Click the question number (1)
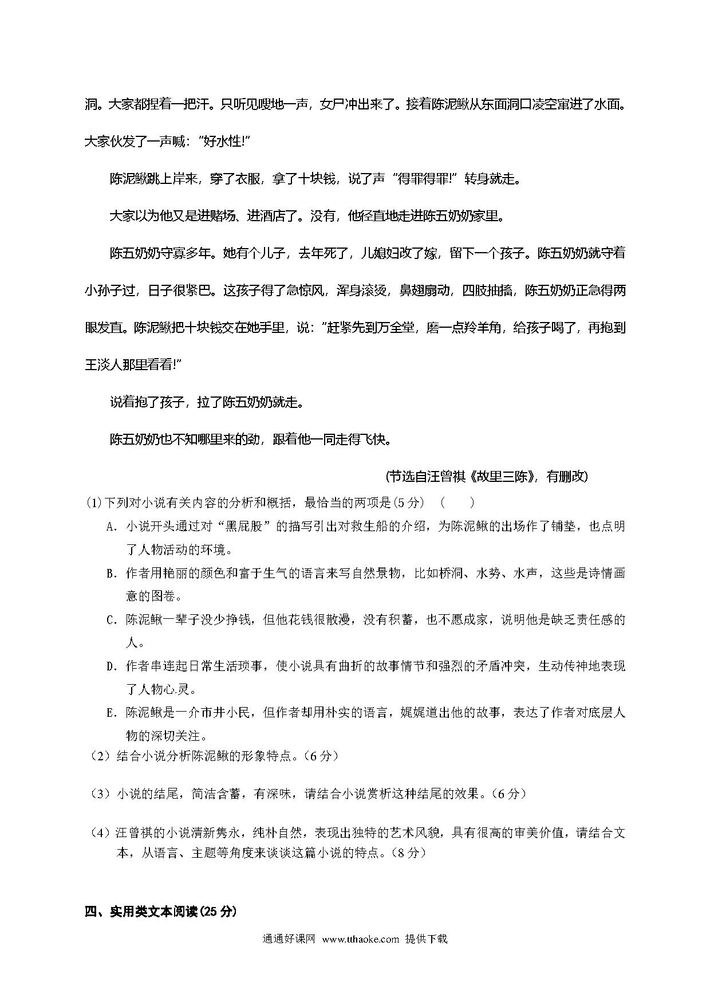(x=93, y=503)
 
